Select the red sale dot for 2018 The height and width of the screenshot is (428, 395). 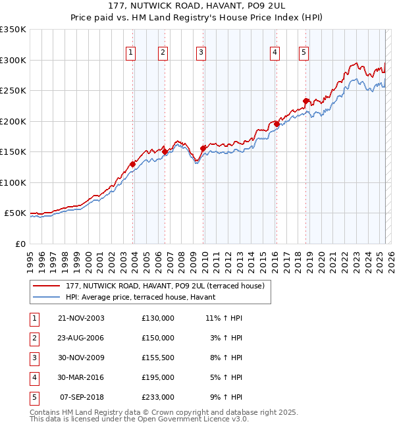pyautogui.click(x=306, y=101)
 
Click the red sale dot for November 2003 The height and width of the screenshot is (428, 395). pyautogui.click(x=133, y=164)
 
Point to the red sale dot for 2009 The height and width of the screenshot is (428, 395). pyautogui.click(x=203, y=148)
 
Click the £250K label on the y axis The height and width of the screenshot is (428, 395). pyautogui.click(x=13, y=91)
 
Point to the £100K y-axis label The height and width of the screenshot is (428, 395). pyautogui.click(x=13, y=182)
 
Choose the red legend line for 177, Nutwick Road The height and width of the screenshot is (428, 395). pyautogui.click(x=46, y=286)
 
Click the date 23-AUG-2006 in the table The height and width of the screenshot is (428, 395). pyautogui.click(x=81, y=337)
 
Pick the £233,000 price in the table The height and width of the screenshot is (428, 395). pyautogui.click(x=158, y=397)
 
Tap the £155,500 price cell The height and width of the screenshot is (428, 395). pyautogui.click(x=158, y=358)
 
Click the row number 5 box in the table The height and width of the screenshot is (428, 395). pyautogui.click(x=34, y=397)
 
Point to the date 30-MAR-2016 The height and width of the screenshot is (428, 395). pyautogui.click(x=81, y=377)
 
